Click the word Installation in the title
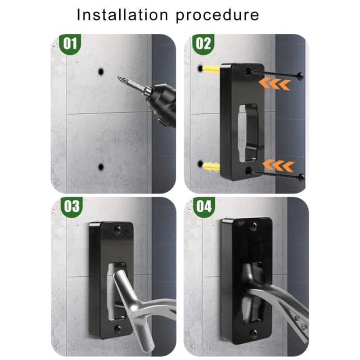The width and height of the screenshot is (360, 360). (x=122, y=15)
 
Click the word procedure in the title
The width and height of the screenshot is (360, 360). (x=217, y=16)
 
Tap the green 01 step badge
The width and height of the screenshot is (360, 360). (x=70, y=44)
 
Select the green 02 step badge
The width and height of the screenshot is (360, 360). (x=203, y=44)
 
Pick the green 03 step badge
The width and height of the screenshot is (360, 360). (x=72, y=207)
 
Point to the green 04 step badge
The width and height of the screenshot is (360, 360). (x=204, y=207)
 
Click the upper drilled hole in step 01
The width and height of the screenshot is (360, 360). (x=101, y=72)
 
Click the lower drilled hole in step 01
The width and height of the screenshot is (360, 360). (x=101, y=167)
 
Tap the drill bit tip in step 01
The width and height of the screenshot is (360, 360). (x=118, y=78)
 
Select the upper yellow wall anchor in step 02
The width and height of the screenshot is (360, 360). (x=211, y=69)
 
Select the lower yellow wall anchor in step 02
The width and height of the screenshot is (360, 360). (x=211, y=166)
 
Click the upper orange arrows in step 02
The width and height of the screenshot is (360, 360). (x=274, y=84)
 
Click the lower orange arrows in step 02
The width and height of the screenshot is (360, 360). (x=278, y=166)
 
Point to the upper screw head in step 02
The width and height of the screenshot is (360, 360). (x=300, y=76)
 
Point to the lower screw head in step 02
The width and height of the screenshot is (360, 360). (x=301, y=177)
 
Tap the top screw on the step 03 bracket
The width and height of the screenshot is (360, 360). (x=118, y=229)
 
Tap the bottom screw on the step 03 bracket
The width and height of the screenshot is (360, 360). (x=118, y=328)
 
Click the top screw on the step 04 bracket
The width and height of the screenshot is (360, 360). (x=254, y=226)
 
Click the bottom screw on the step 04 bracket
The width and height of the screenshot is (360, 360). (x=253, y=332)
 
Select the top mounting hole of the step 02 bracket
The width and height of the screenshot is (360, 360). (x=248, y=71)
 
